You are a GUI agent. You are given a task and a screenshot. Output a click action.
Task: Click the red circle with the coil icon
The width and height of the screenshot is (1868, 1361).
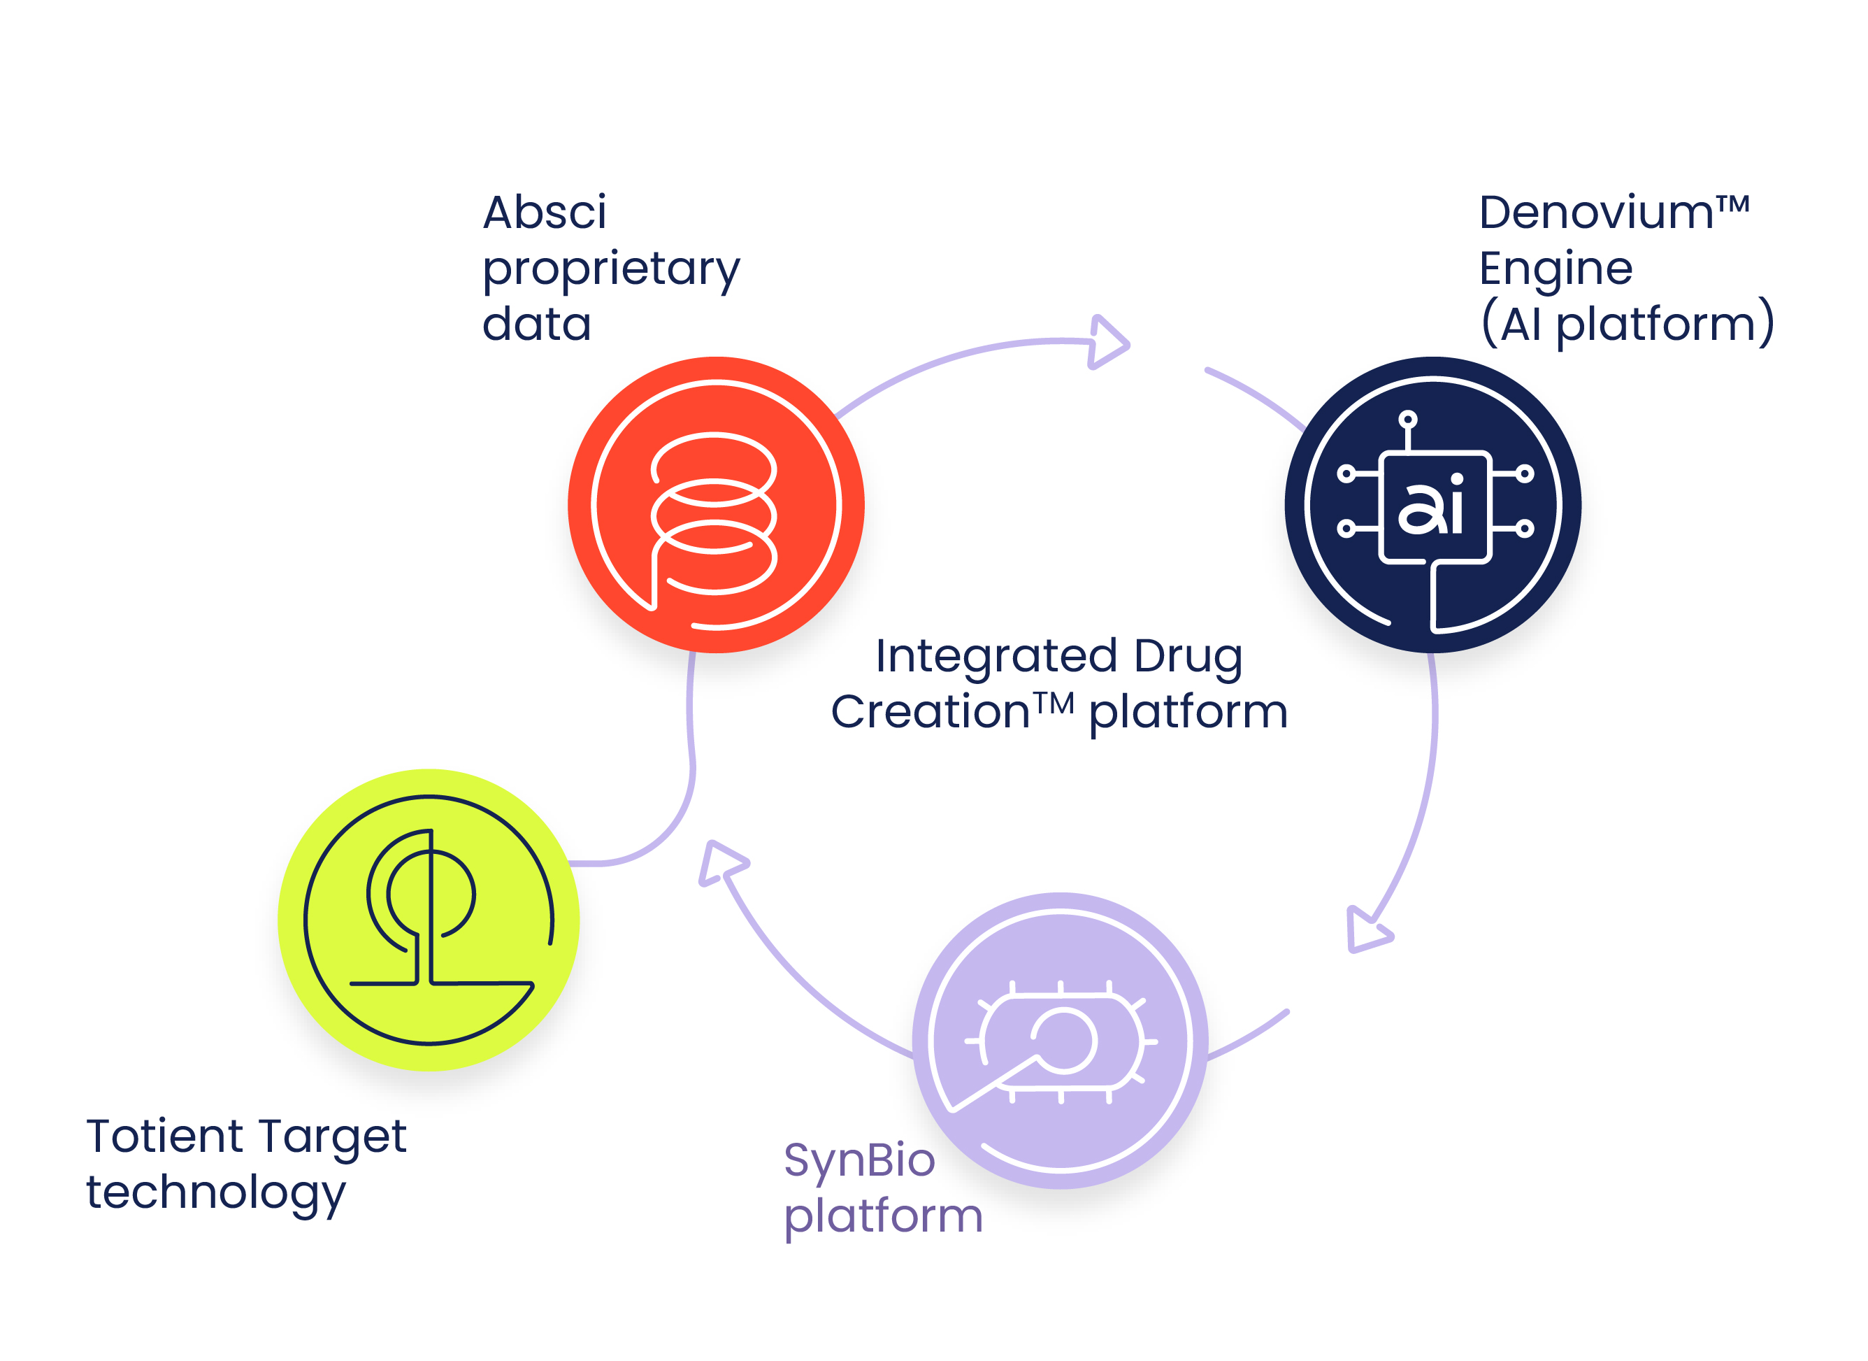(716, 504)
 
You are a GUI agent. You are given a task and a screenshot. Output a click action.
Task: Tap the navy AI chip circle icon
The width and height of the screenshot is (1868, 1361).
(1432, 504)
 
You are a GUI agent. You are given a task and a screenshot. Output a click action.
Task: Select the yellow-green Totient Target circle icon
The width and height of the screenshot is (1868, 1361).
(429, 920)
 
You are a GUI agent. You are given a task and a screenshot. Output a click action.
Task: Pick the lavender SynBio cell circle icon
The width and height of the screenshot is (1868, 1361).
(1060, 1040)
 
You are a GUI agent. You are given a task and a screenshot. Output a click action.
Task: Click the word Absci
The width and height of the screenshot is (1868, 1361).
(545, 213)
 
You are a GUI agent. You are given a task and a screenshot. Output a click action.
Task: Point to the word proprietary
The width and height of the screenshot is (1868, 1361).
(611, 269)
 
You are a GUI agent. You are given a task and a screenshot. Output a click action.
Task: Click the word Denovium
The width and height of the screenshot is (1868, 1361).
(1596, 213)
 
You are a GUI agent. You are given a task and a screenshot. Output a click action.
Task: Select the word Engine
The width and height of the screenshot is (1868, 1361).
(1555, 269)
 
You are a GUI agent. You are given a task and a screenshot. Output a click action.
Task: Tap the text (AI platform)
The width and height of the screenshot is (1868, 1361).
(1627, 323)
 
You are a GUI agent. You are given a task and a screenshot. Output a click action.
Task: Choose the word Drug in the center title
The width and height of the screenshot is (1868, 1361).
(1188, 656)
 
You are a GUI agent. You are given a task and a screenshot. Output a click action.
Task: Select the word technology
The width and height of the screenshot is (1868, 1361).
(216, 1193)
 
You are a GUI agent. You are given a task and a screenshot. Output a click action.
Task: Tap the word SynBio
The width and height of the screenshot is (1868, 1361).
(859, 1160)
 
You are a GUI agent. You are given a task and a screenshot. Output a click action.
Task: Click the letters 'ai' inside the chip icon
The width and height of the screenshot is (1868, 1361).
(1430, 504)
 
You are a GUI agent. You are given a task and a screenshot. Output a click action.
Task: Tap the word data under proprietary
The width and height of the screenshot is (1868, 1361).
(536, 324)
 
